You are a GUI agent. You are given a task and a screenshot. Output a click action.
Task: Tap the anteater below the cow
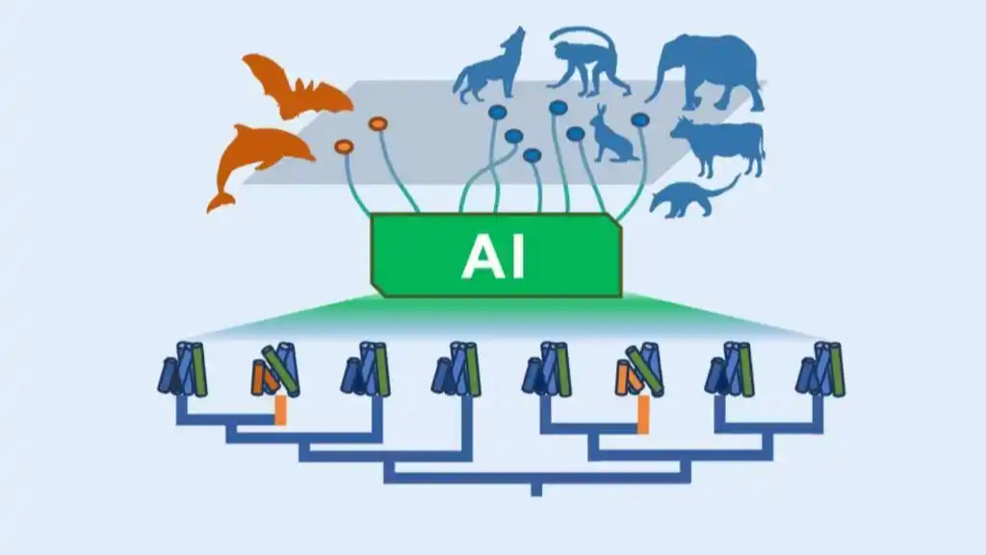point(688,198)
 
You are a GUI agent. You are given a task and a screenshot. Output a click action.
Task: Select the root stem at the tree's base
point(536,489)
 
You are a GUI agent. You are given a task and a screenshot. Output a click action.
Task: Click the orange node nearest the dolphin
point(344,146)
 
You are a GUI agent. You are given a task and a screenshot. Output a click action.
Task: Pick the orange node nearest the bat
point(377,122)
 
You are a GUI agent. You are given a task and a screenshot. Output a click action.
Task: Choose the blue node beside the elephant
point(639,119)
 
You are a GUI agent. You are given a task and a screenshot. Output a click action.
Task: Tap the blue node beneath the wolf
point(497,112)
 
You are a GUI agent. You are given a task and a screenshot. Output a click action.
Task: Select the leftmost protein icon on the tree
point(183,369)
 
